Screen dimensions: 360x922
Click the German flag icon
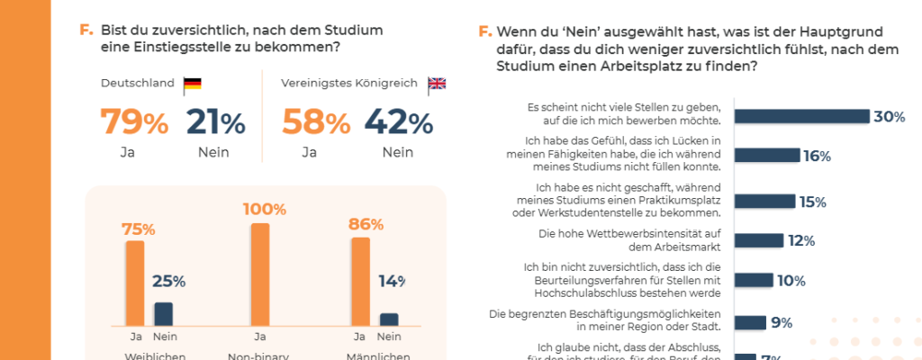(192, 85)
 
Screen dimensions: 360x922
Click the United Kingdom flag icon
(437, 84)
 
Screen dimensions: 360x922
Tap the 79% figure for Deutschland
(133, 122)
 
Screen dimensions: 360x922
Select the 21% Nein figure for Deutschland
(215, 122)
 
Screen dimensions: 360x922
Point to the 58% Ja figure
(316, 122)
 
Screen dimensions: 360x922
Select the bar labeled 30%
(801, 116)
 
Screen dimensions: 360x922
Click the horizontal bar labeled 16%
(766, 156)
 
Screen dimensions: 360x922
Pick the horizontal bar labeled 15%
(764, 202)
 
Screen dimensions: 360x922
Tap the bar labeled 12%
(758, 240)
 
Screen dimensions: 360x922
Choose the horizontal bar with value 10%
(753, 280)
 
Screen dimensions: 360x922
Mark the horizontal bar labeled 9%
(750, 321)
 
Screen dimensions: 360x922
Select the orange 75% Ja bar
(135, 283)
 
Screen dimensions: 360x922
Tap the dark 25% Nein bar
(163, 313)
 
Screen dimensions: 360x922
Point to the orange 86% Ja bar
(360, 281)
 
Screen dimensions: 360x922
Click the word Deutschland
(137, 84)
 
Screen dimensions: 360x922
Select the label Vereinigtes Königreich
(349, 84)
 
